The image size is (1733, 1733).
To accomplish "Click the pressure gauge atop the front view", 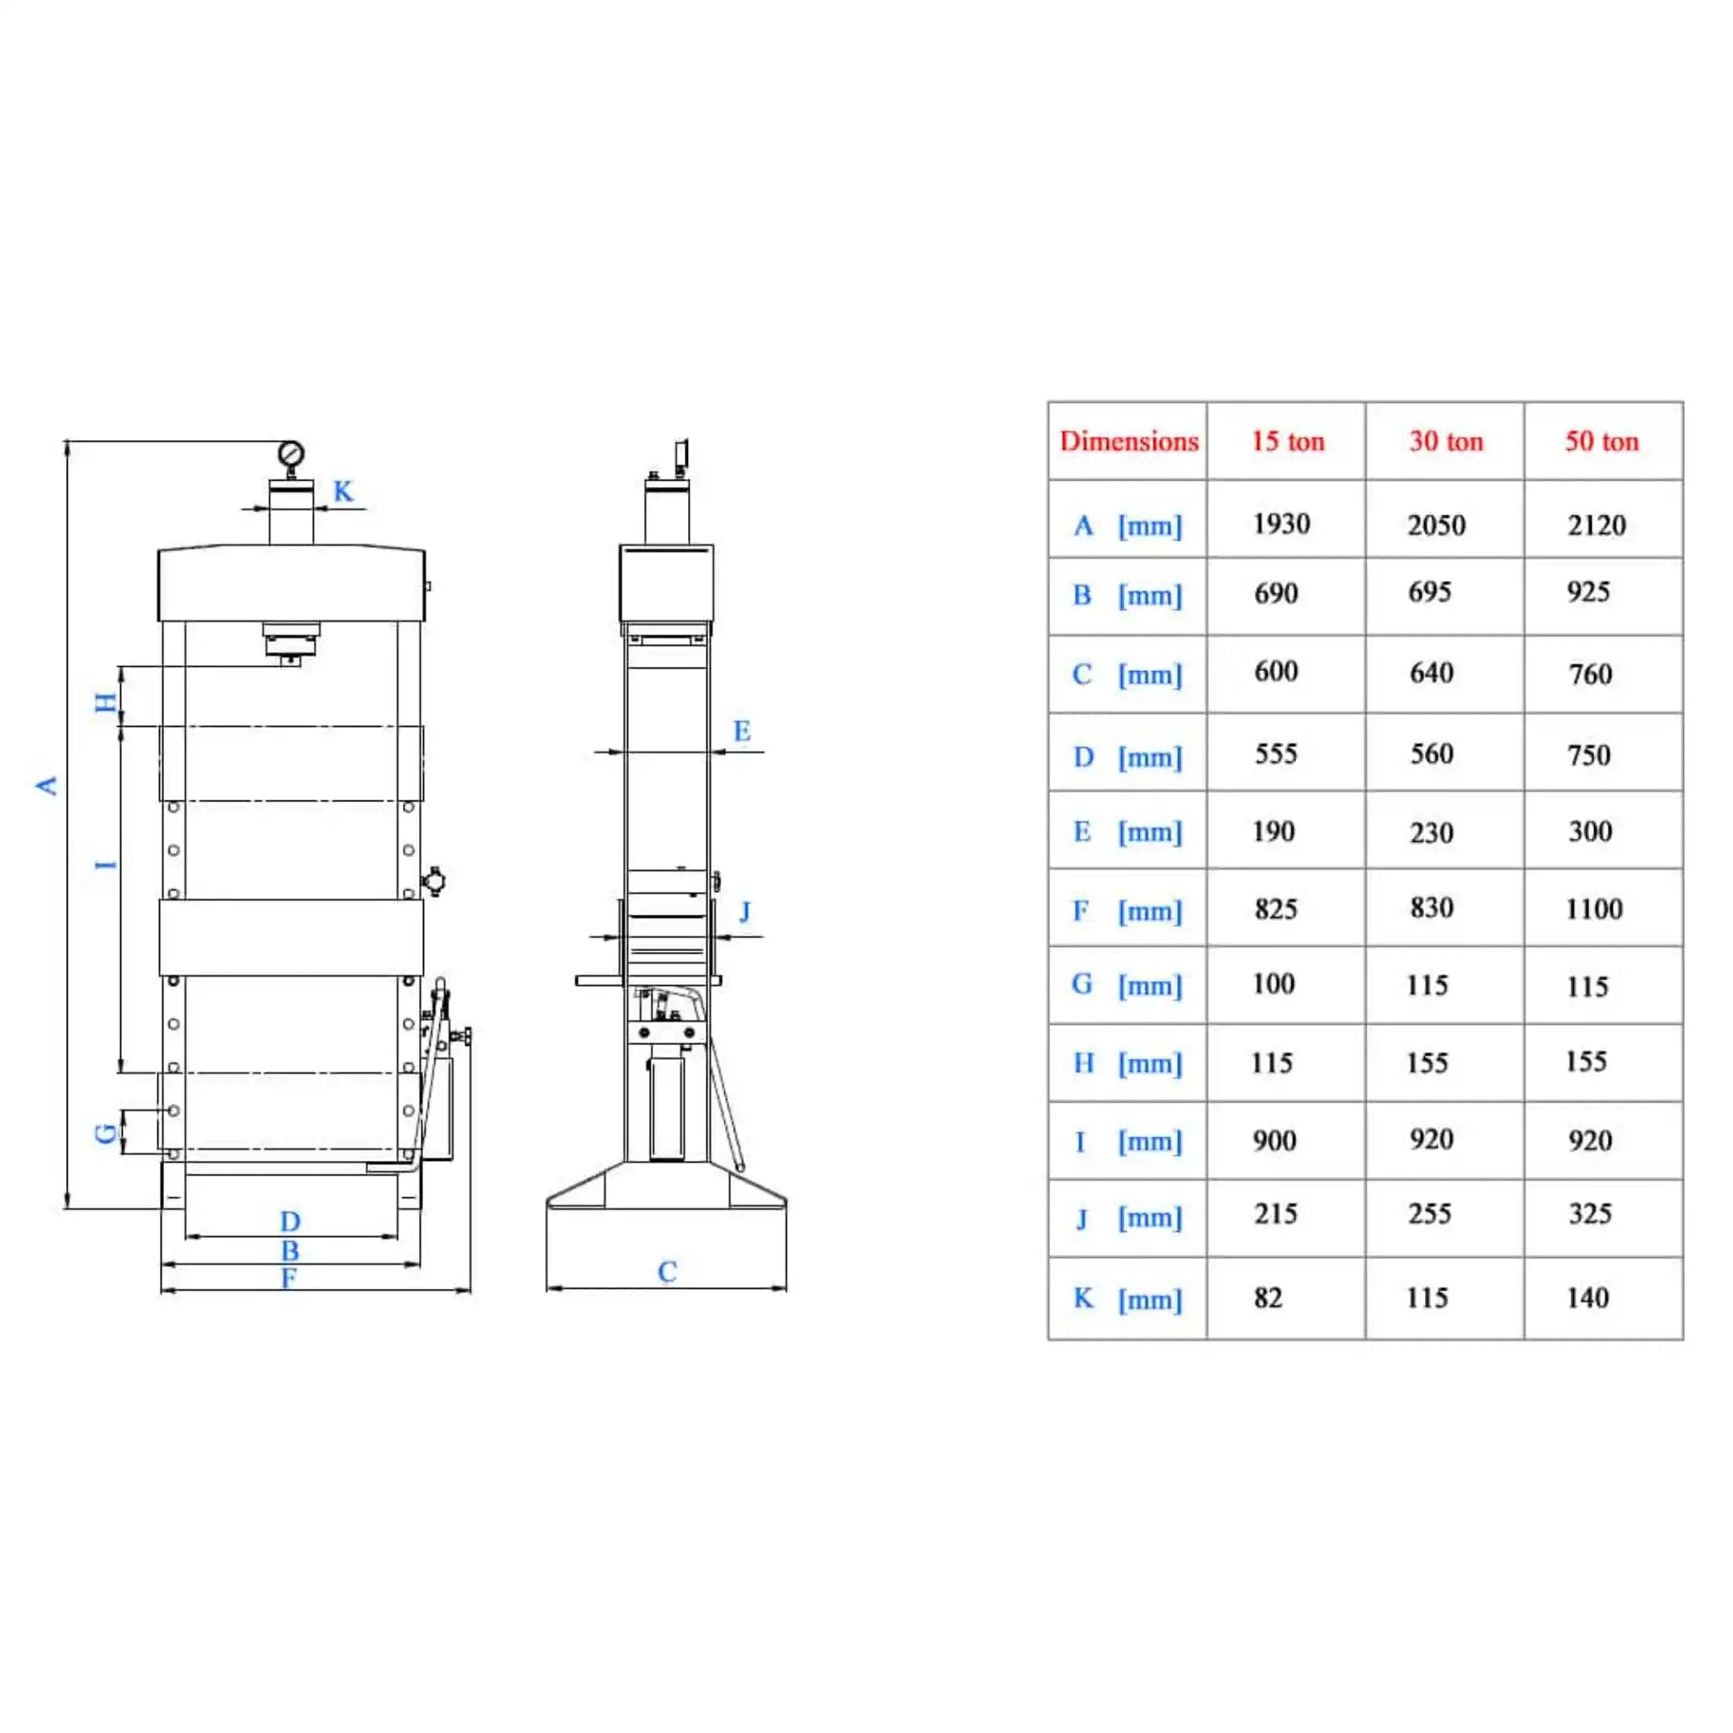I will (x=290, y=454).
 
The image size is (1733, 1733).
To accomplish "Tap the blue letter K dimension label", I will (x=343, y=491).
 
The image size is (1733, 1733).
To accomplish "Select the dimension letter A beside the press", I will (x=47, y=786).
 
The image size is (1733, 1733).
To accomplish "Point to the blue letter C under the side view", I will (x=667, y=1271).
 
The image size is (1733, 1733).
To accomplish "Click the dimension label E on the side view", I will (x=741, y=731).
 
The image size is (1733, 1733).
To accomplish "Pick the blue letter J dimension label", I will (x=745, y=912).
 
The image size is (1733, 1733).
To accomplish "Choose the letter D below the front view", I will (x=289, y=1221).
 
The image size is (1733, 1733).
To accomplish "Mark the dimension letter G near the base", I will (x=106, y=1133).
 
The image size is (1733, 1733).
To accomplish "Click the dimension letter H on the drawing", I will (x=106, y=703).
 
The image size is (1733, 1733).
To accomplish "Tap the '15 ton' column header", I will (x=1287, y=442).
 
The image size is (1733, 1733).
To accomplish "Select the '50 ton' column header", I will (x=1602, y=442).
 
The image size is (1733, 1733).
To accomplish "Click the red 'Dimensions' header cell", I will (x=1129, y=442).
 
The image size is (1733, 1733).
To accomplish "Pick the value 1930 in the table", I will (x=1281, y=524).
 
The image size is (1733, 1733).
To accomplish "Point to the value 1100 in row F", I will (x=1594, y=910).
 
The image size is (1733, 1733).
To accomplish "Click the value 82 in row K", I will (x=1268, y=1298).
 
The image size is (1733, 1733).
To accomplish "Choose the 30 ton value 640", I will (x=1432, y=673).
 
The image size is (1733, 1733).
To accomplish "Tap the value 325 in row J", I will (x=1590, y=1213).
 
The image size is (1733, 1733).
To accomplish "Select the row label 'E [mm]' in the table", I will (x=1127, y=833).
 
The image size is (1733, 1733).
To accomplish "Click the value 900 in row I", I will (x=1274, y=1140).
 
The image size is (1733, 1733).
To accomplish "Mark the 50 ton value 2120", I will (x=1597, y=525).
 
